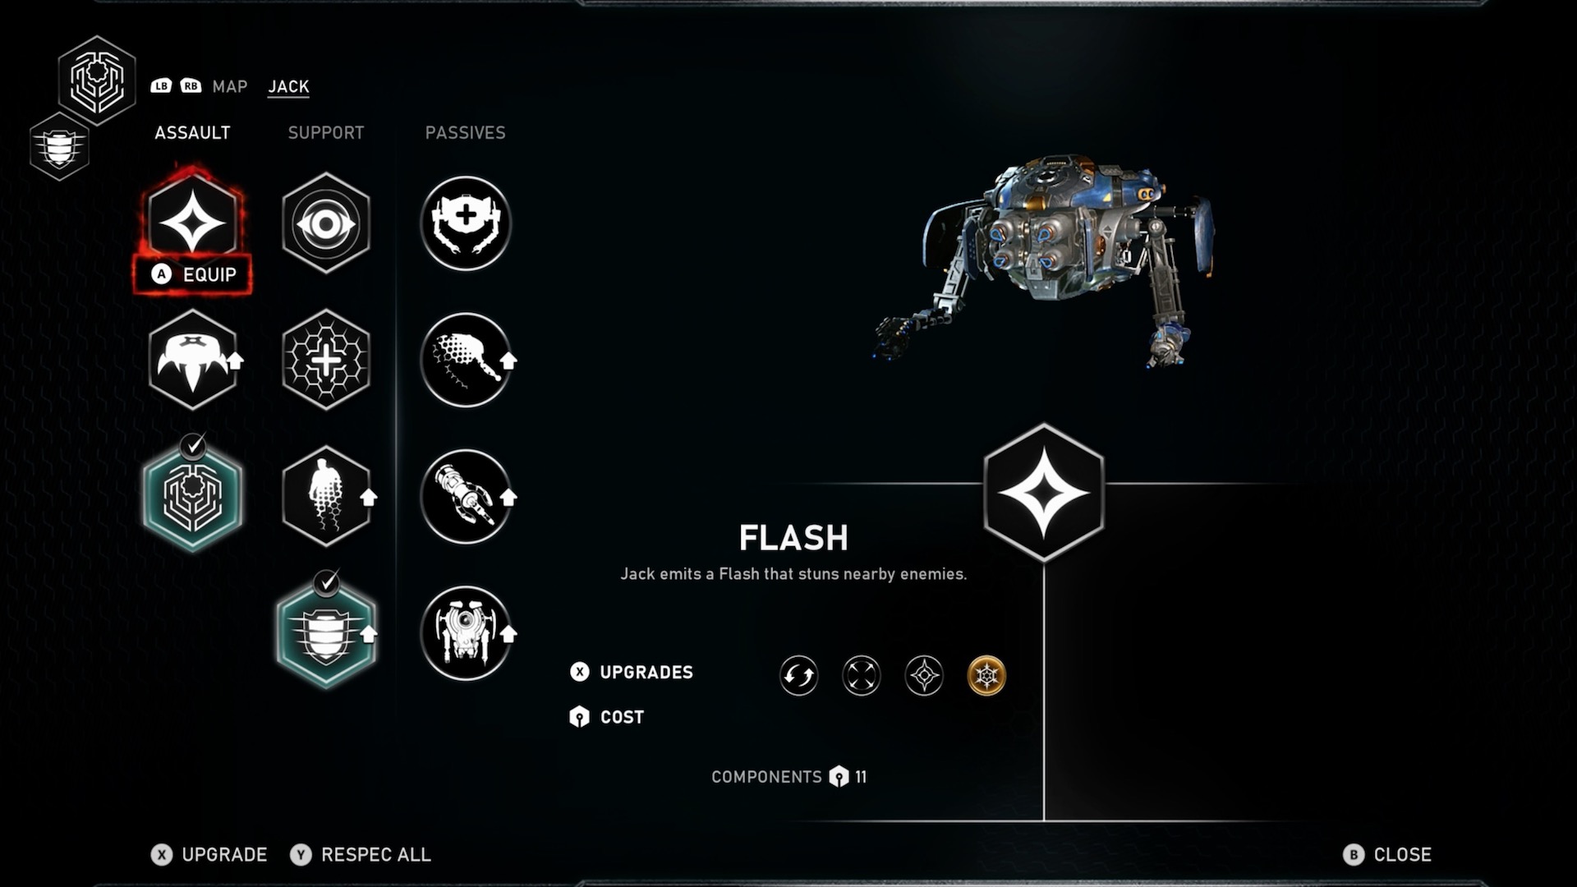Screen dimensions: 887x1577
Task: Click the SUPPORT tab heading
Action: tap(325, 133)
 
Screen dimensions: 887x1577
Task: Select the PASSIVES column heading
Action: tap(465, 133)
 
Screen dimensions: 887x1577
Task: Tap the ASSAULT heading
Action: tap(192, 133)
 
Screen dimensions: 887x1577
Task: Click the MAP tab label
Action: tap(229, 86)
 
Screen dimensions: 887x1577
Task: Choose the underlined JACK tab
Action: tap(288, 86)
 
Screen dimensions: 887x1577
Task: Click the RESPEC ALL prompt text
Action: tap(375, 855)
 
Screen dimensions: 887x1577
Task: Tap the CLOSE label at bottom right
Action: tap(1402, 855)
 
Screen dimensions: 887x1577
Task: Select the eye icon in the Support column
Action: tap(326, 223)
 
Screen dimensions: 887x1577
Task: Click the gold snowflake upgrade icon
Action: tap(986, 676)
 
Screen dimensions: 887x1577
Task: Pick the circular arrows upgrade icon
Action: tap(798, 676)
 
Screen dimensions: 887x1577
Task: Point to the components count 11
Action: tap(860, 777)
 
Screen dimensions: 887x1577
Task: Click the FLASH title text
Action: tap(793, 538)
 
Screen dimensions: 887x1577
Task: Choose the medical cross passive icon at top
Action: tap(465, 222)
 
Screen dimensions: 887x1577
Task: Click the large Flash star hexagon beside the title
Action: tap(1043, 493)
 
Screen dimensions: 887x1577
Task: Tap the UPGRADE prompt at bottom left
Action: tap(223, 855)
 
